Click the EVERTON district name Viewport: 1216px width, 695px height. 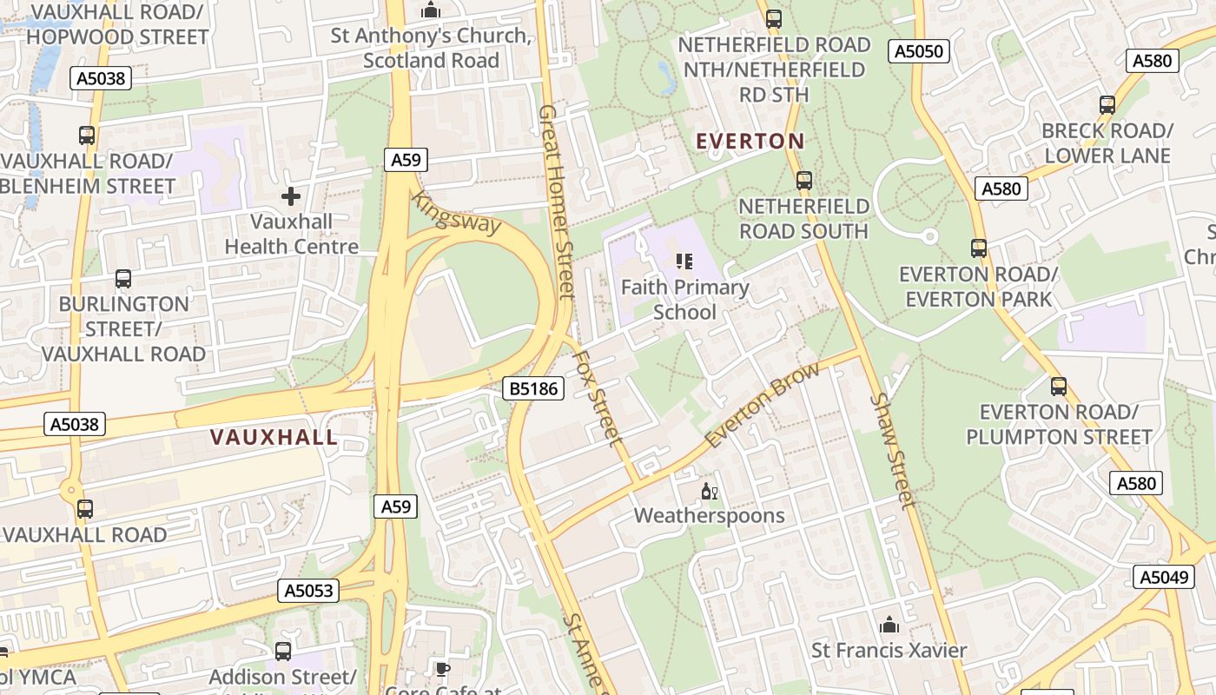tap(750, 141)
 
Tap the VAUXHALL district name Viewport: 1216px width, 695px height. tap(274, 437)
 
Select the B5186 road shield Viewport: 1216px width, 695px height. tap(533, 388)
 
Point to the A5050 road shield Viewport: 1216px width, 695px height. tap(918, 51)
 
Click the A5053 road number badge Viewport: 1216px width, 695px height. tap(308, 591)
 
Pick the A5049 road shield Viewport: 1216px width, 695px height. tap(1163, 577)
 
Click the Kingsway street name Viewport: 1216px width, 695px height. tap(457, 212)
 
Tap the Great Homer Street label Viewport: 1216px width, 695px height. tap(557, 202)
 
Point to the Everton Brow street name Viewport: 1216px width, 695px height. tap(762, 405)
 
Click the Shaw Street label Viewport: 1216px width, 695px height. tap(893, 449)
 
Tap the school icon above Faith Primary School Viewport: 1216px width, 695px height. tap(684, 261)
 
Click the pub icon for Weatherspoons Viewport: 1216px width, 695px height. tap(710, 492)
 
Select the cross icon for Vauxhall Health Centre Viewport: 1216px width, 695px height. tap(291, 196)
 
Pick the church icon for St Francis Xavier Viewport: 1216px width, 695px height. tap(889, 625)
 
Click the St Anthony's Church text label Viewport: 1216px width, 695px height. tap(431, 49)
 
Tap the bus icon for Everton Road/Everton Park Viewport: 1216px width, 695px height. tap(979, 248)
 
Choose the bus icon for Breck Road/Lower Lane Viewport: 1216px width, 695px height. tap(1107, 105)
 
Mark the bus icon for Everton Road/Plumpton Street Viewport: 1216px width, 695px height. tap(1059, 387)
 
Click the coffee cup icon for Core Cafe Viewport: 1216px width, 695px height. tap(442, 669)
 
